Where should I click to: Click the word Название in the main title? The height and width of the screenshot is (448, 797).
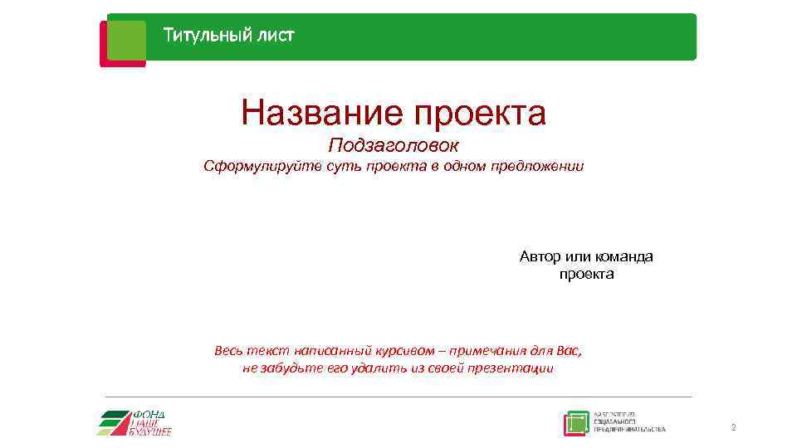tap(318, 113)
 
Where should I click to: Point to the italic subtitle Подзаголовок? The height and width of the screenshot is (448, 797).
tap(393, 146)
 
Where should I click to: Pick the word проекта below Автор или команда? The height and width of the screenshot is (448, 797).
tap(587, 274)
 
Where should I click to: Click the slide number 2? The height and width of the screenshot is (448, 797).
tap(733, 428)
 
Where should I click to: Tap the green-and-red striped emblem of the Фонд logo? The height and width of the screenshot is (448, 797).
tap(115, 422)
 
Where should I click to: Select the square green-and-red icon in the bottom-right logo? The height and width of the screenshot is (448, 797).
tap(576, 423)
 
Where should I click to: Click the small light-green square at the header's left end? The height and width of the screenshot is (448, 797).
tap(126, 40)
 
